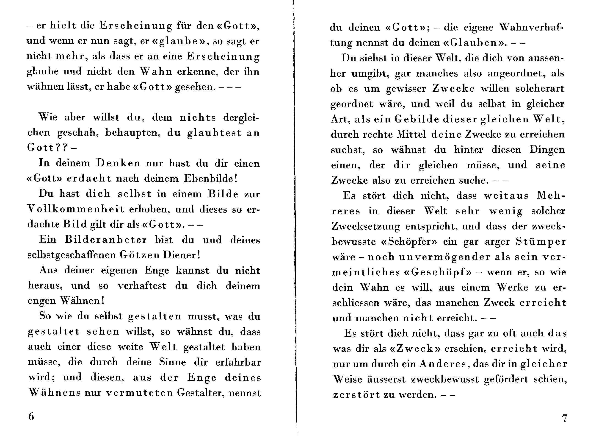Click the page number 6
pyautogui.click(x=31, y=416)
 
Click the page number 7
pyautogui.click(x=564, y=419)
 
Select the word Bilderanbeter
pyautogui.click(x=106, y=240)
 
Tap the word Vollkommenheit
pyautogui.click(x=76, y=209)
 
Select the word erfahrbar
pyautogui.click(x=238, y=362)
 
